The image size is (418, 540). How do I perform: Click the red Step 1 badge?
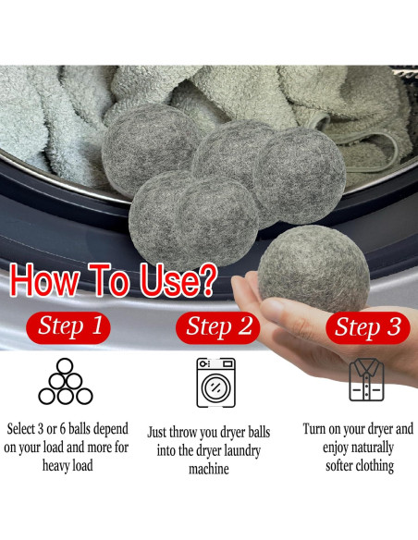(x=68, y=327)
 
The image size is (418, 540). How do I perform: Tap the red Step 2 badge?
(x=217, y=327)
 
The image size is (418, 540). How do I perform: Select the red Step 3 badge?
(x=368, y=327)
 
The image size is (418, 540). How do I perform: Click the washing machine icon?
(x=215, y=383)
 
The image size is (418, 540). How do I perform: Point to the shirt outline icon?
(x=366, y=380)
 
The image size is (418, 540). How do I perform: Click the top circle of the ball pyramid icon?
(x=65, y=366)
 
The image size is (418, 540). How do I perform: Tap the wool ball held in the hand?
(x=313, y=269)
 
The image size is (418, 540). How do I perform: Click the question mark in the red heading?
(x=207, y=279)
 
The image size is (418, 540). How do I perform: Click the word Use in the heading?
(x=167, y=279)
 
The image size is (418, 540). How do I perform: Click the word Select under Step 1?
(x=21, y=429)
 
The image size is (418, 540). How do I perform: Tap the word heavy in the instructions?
(x=56, y=466)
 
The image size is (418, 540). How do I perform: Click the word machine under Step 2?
(x=209, y=469)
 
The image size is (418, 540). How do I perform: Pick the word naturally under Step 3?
(x=374, y=448)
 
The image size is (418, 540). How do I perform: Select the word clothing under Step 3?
(x=375, y=466)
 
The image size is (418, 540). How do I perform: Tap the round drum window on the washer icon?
(x=215, y=387)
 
